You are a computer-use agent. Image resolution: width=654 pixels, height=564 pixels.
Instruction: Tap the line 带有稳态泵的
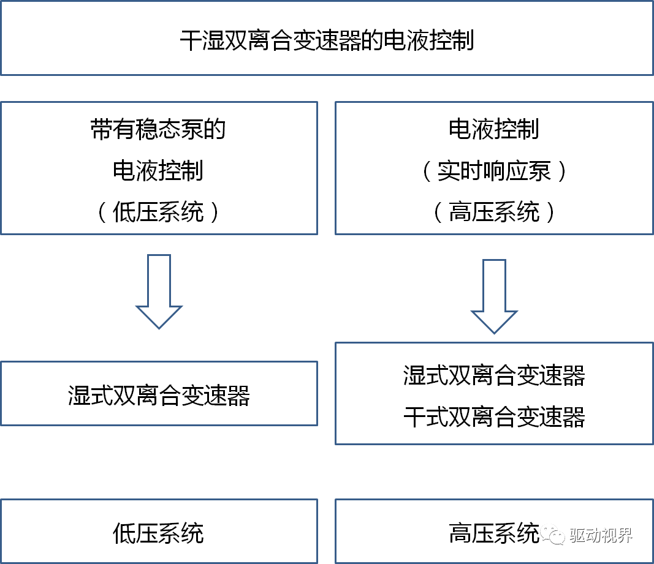pyautogui.click(x=159, y=130)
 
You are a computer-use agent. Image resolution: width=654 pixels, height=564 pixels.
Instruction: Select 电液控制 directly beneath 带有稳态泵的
pyautogui.click(x=159, y=171)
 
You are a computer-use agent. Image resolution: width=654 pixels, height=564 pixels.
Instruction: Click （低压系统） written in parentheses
pyautogui.click(x=159, y=212)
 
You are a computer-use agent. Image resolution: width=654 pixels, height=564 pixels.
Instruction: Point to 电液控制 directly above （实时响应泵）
pyautogui.click(x=494, y=130)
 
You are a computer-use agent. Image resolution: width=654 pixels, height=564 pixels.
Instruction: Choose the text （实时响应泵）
pyautogui.click(x=494, y=171)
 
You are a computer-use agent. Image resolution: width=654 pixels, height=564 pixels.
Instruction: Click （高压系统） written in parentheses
pyautogui.click(x=494, y=212)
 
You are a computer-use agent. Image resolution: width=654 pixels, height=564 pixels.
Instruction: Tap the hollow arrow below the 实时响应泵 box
pyautogui.click(x=494, y=297)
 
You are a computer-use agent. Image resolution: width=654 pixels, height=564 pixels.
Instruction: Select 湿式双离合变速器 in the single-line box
pyautogui.click(x=159, y=396)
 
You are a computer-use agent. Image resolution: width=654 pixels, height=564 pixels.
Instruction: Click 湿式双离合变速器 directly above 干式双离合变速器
pyautogui.click(x=494, y=375)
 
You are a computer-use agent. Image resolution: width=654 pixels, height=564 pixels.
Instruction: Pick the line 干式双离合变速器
pyautogui.click(x=494, y=417)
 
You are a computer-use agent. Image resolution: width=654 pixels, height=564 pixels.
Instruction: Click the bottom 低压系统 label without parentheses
pyautogui.click(x=159, y=533)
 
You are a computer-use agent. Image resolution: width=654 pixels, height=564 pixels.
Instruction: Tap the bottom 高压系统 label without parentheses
pyautogui.click(x=494, y=533)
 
